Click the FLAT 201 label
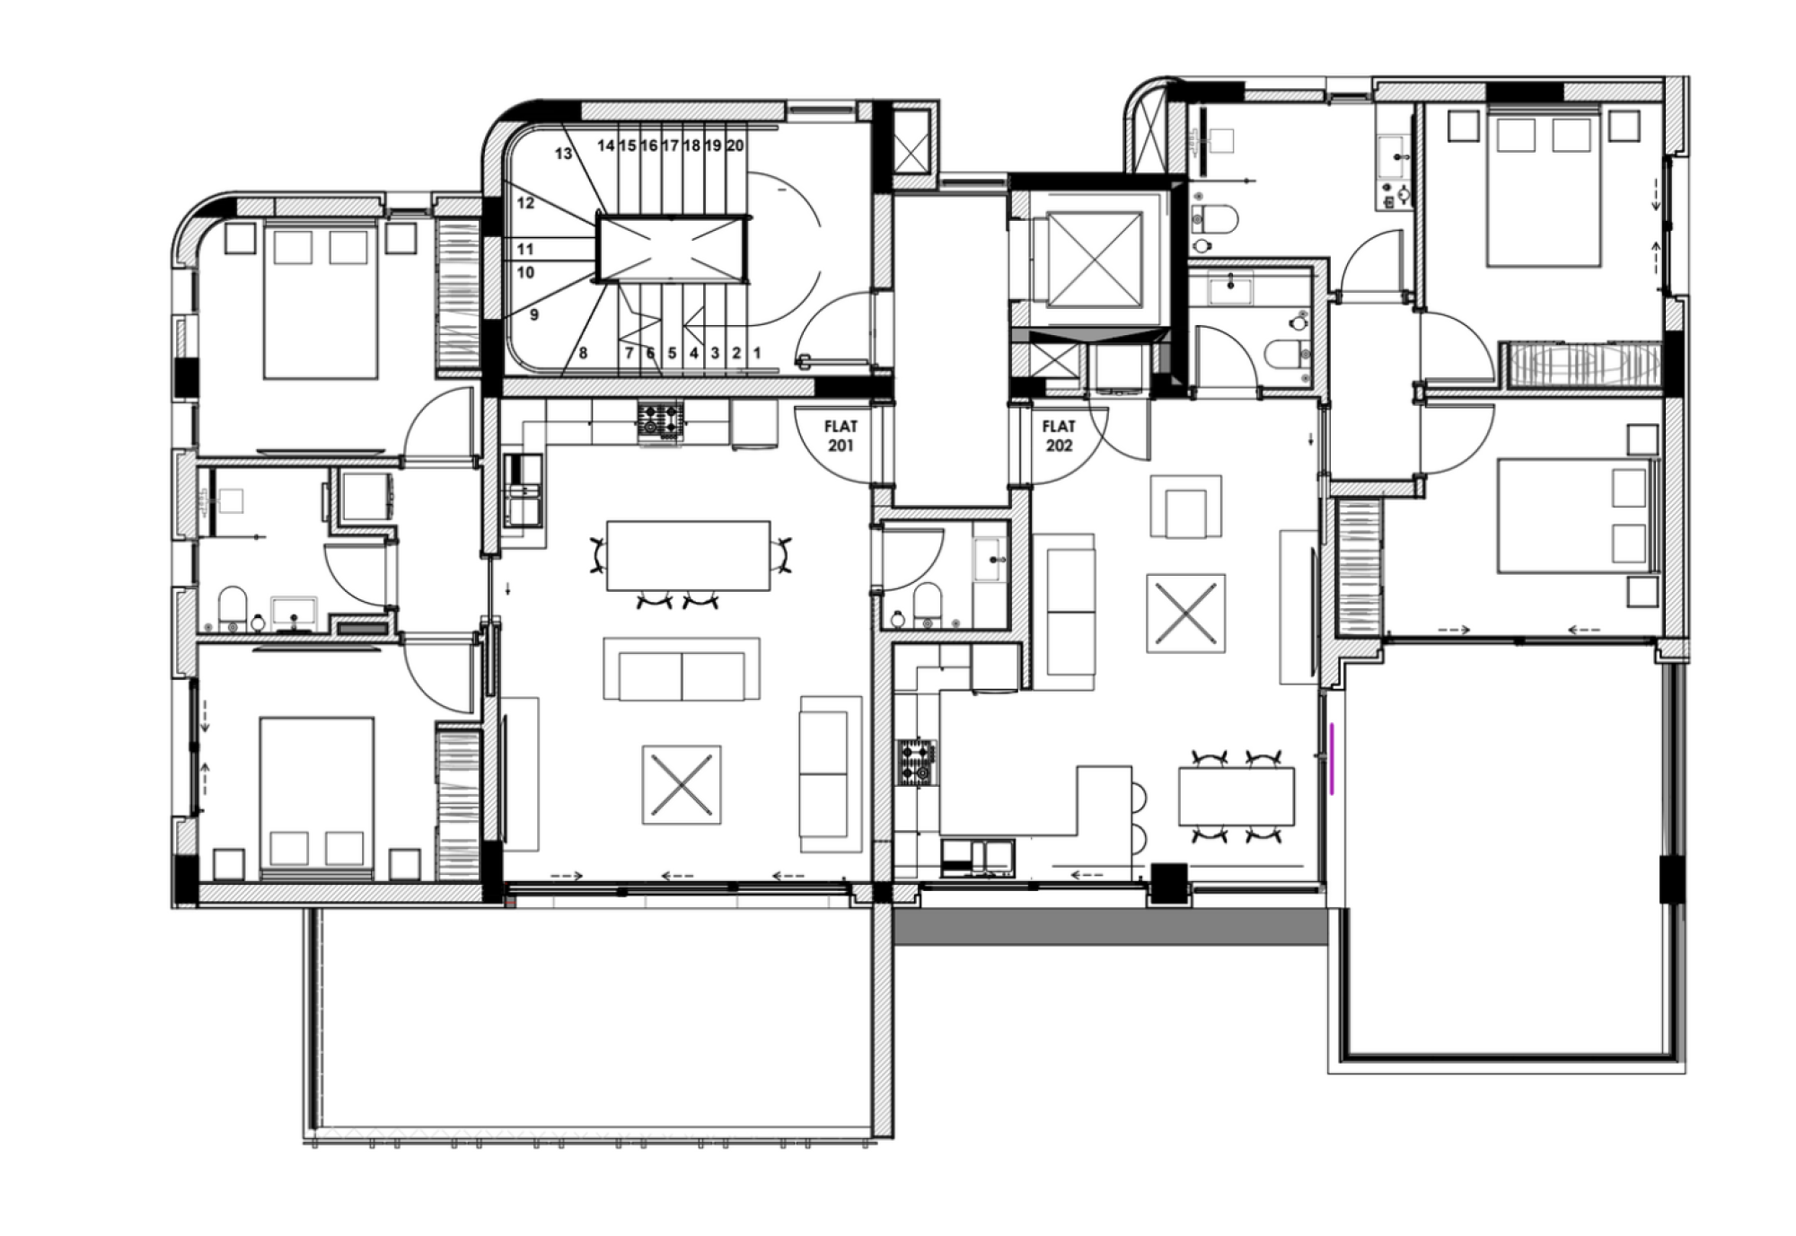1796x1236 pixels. [841, 436]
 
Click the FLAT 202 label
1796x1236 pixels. [1059, 436]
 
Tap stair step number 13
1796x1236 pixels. [563, 154]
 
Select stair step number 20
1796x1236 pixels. [735, 146]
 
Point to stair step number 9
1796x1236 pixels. [534, 315]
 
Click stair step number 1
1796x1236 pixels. [757, 353]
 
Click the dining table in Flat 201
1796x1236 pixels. [688, 555]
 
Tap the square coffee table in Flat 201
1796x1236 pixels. [682, 784]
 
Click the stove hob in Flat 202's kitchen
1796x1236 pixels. [917, 762]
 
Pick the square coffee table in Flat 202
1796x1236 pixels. [1186, 614]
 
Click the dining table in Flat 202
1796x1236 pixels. [1237, 796]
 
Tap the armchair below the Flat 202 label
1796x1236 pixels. [1186, 508]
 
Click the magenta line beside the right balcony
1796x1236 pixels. [1334, 758]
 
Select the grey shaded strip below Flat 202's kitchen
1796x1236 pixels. [1111, 925]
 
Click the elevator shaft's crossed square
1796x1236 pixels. [1095, 260]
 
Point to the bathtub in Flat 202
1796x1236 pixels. [1585, 365]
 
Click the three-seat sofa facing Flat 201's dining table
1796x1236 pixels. [682, 669]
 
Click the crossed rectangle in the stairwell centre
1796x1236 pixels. [672, 249]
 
